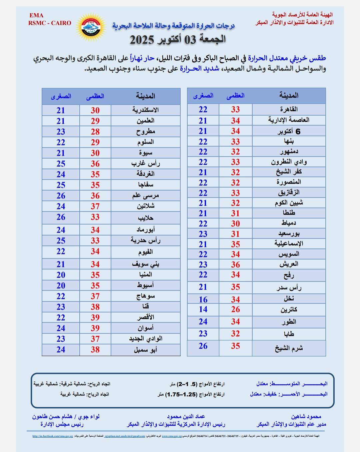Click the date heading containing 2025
pos(177,39)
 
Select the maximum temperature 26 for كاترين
pos(235,309)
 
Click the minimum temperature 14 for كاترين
pos(203,309)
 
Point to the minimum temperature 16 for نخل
pos(203,299)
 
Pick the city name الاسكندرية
pos(145,110)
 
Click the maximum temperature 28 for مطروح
pos(95,132)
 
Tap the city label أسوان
pos(145,328)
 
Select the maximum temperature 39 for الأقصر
pos(95,317)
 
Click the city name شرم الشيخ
pos(289,348)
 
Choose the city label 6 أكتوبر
pos(289,131)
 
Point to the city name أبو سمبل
pos(145,350)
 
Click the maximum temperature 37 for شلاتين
pos(95,207)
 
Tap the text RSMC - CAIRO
pos(50,23)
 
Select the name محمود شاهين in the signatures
pos(306,416)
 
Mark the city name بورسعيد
pos(289,234)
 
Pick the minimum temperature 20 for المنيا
pos(61,275)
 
